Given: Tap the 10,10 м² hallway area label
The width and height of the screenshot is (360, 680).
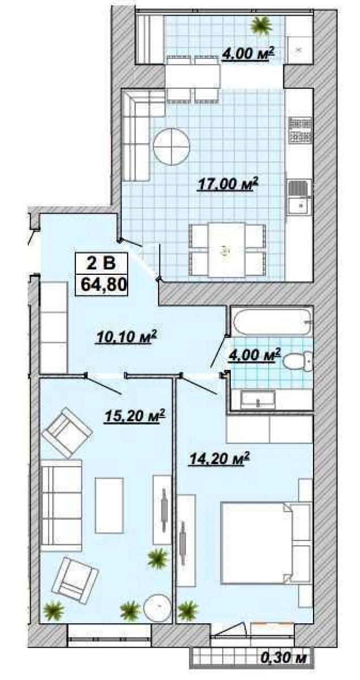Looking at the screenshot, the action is click(x=126, y=337).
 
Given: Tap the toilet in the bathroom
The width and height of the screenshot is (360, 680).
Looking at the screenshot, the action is click(x=297, y=362).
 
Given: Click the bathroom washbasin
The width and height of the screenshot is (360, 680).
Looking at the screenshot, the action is click(x=257, y=399).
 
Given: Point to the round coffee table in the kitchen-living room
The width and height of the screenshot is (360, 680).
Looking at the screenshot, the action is click(x=171, y=146).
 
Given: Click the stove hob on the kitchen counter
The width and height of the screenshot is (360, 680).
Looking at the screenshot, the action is click(x=300, y=130).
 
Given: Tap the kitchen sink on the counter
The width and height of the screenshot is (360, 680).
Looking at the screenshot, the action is click(x=299, y=196).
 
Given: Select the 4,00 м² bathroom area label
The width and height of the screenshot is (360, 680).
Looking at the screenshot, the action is click(x=253, y=355).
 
